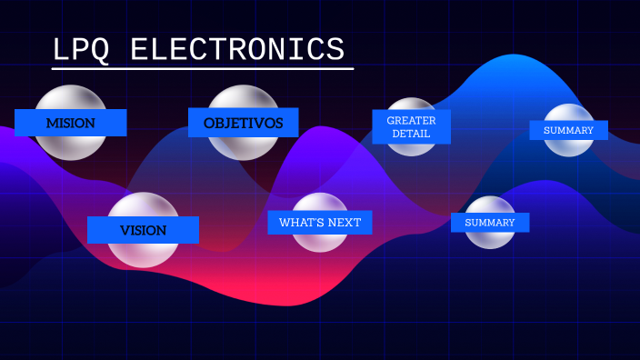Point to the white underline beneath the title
[x=203, y=68]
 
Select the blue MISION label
[x=70, y=123]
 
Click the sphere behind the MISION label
[x=70, y=98]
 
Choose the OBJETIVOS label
[x=243, y=123]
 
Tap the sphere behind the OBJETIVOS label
[x=243, y=98]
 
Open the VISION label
[x=143, y=230]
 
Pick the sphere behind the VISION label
[x=143, y=255]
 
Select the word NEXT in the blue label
[x=345, y=223]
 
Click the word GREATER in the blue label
[x=411, y=120]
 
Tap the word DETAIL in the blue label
[x=411, y=135]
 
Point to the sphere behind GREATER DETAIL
[x=411, y=105]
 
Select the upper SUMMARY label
[x=568, y=130]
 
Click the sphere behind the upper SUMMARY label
[x=568, y=113]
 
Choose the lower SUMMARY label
[x=489, y=223]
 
